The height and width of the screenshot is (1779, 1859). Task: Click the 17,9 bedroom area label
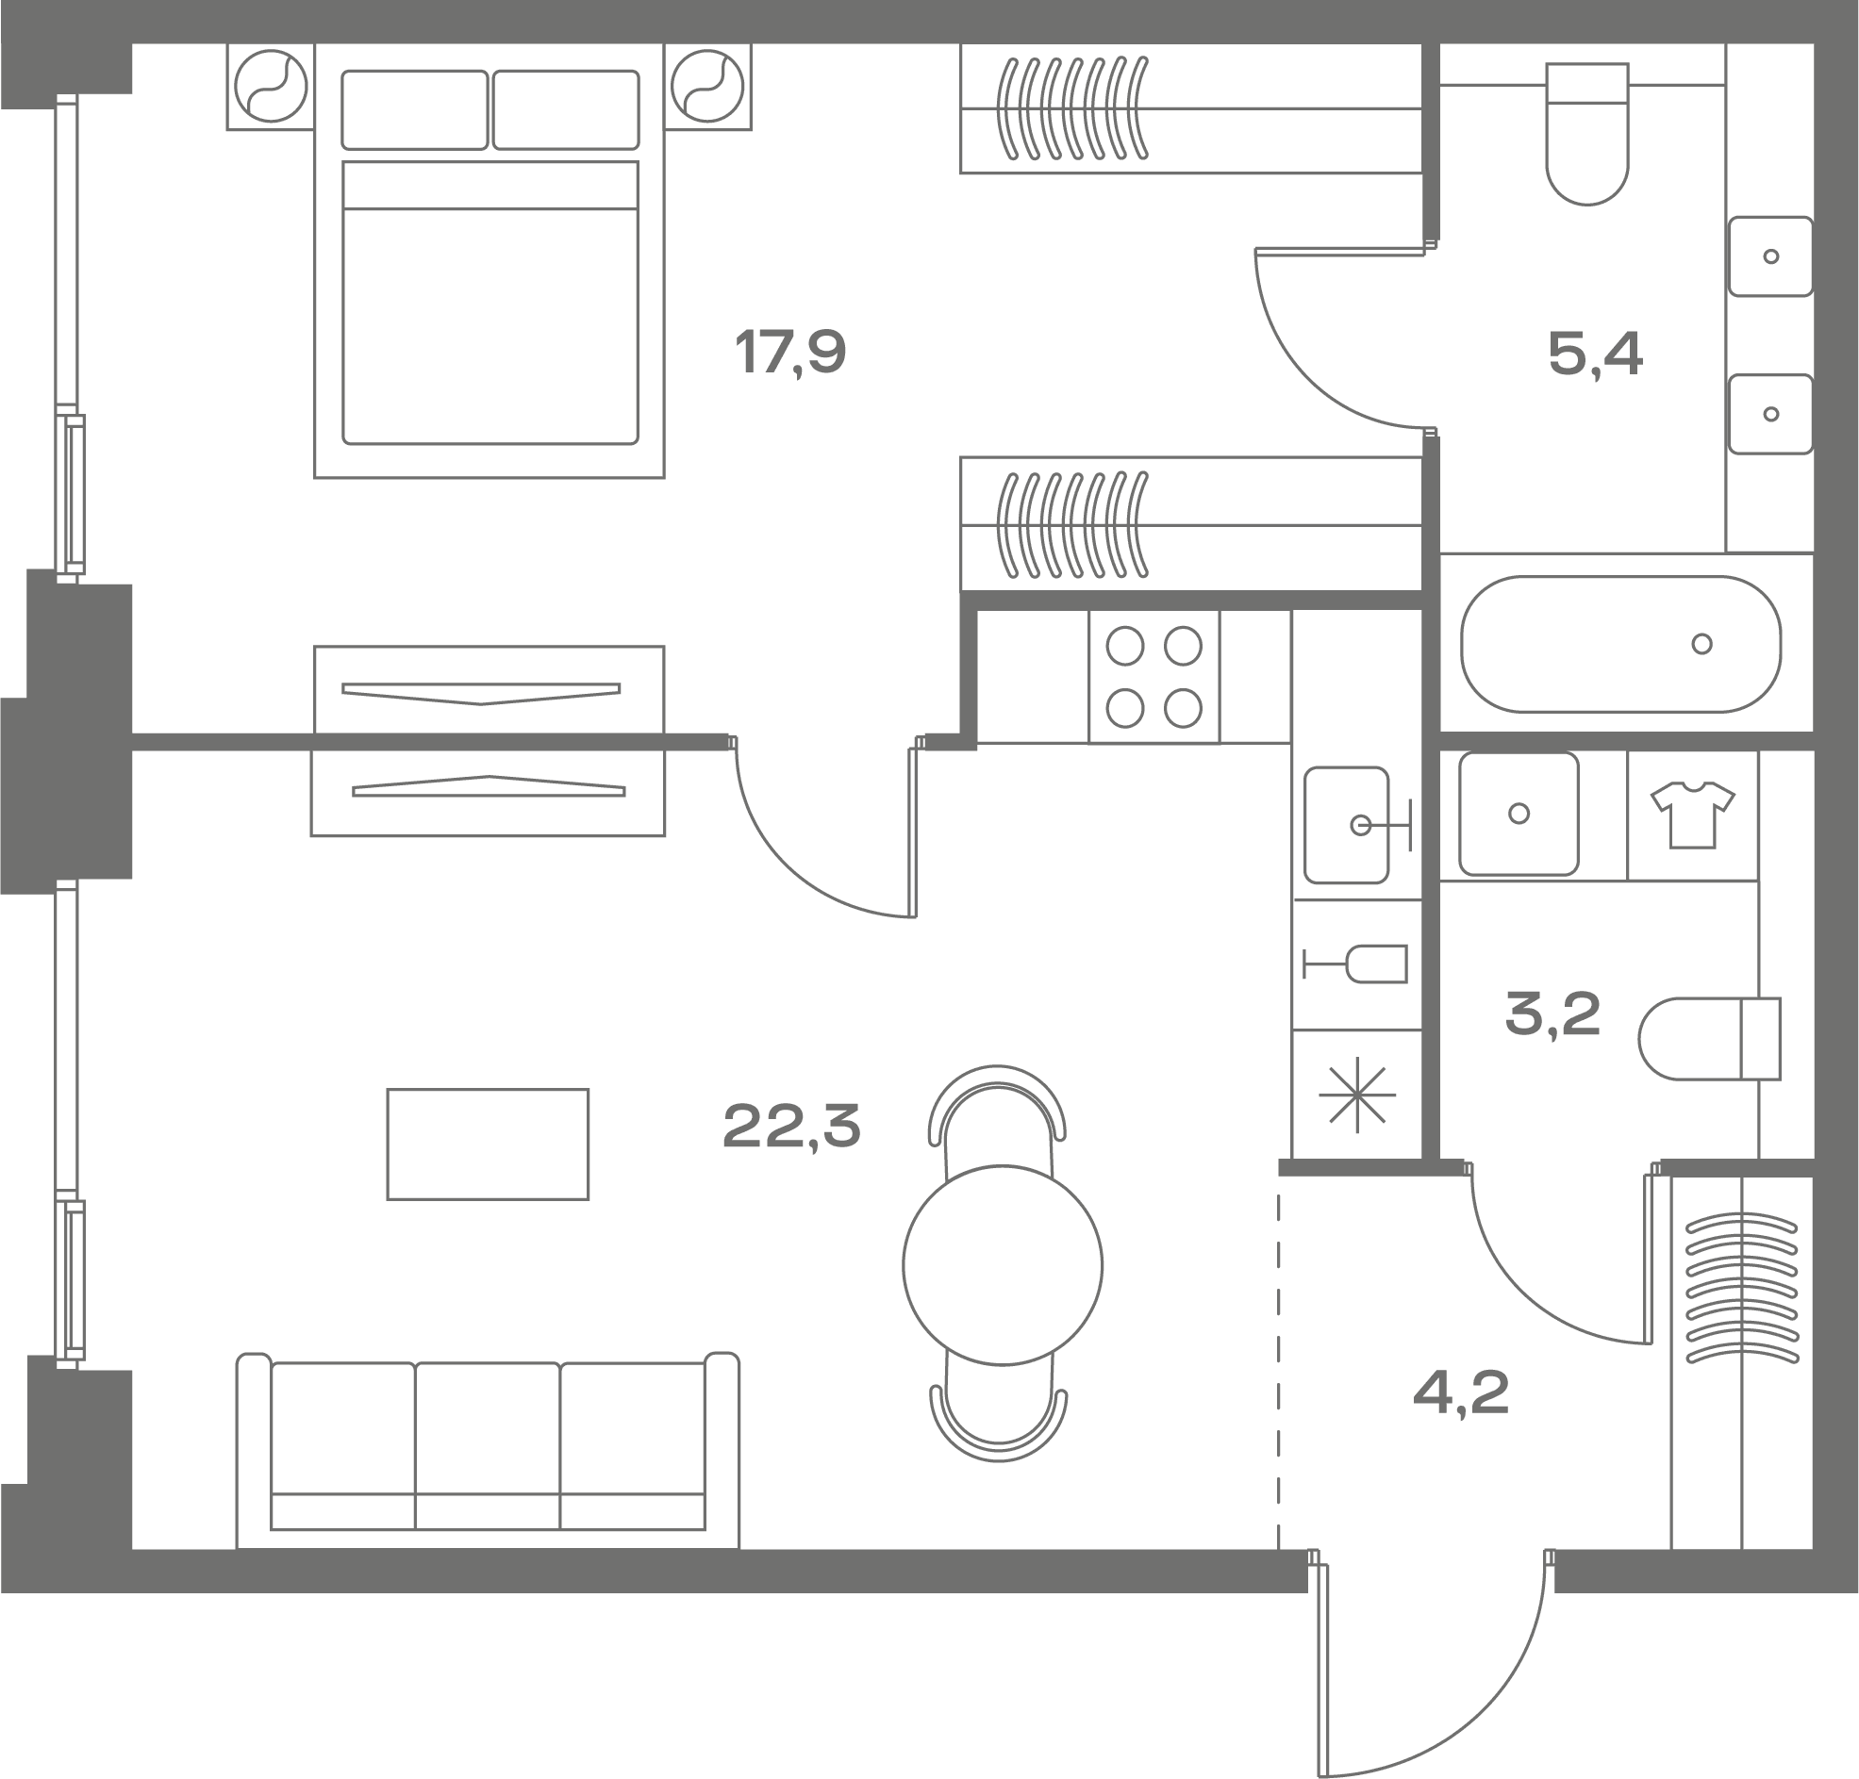pos(790,353)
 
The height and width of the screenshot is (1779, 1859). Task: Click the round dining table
pos(1003,1265)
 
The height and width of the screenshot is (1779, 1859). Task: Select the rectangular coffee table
pos(488,1144)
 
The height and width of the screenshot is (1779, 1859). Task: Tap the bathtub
pos(1621,644)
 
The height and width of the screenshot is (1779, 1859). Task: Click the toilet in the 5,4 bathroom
pos(1586,134)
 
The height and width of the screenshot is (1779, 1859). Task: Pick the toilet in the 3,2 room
pos(1709,1038)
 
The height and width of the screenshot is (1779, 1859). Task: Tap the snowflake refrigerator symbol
pos(1357,1095)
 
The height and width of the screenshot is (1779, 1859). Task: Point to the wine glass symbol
pos(1355,964)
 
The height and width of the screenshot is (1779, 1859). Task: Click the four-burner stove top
pos(1154,676)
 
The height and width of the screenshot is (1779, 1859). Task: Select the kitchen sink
pos(1347,825)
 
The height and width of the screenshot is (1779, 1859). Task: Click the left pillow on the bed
pos(414,110)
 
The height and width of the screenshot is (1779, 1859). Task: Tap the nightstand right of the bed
pos(707,87)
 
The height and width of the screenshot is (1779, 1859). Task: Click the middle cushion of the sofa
pos(488,1445)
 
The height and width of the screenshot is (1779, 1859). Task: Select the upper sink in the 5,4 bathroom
pos(1769,256)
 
